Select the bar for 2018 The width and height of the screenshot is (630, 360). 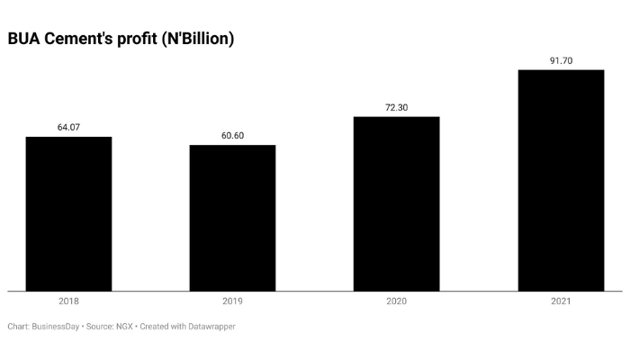click(x=68, y=214)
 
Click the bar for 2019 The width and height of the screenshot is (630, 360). click(x=232, y=219)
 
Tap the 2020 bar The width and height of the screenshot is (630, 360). click(x=396, y=204)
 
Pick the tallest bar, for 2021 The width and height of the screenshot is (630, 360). click(x=561, y=180)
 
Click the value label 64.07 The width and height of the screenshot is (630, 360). click(x=68, y=127)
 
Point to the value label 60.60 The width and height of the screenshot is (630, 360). click(x=232, y=136)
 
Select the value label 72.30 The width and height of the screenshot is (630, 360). click(x=396, y=107)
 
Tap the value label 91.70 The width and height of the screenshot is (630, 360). click(x=561, y=61)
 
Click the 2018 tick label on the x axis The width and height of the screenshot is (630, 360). click(x=68, y=302)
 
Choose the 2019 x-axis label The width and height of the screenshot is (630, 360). click(x=232, y=302)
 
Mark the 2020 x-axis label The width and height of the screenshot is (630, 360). click(x=396, y=302)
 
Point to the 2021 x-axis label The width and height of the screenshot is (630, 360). click(x=561, y=302)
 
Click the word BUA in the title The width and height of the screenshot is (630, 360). click(x=23, y=40)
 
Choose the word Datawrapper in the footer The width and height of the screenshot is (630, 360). click(x=209, y=327)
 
